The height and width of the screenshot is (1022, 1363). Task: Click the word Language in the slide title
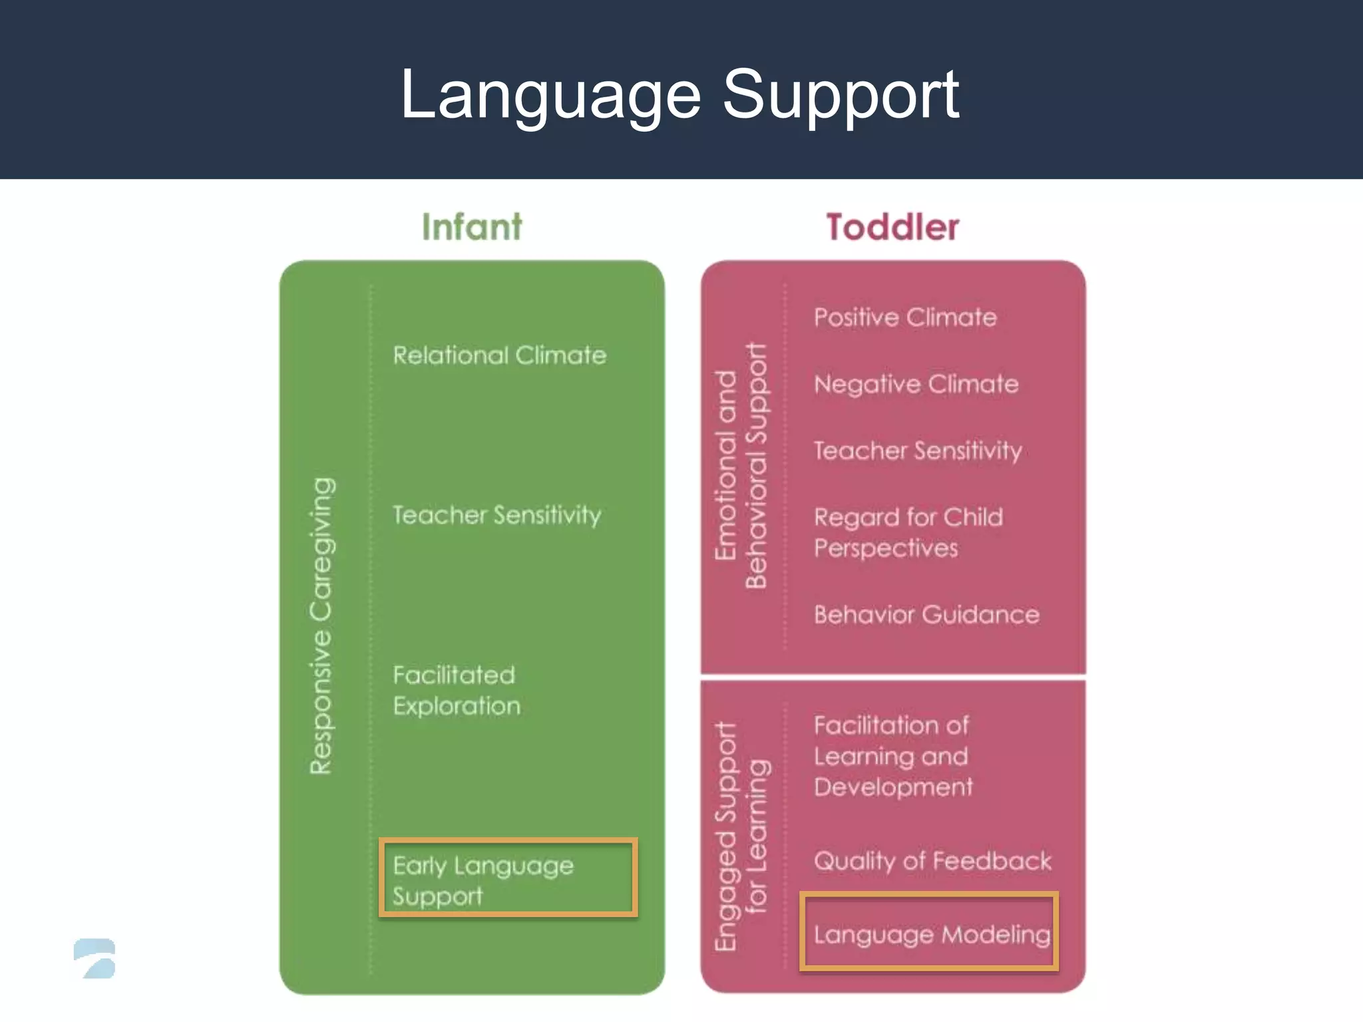coord(550,96)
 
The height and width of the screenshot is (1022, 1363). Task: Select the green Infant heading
coord(472,227)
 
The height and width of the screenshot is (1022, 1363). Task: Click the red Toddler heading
coord(892,227)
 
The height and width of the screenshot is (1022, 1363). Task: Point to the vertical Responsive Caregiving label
coord(323,625)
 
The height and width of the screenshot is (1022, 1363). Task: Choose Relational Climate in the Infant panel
coord(499,355)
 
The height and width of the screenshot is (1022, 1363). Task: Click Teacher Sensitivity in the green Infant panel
coord(496,515)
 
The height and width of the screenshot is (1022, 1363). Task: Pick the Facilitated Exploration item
coord(457,691)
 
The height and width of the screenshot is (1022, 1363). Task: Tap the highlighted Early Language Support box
coord(508,878)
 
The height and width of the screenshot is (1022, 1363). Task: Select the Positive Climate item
coord(905,317)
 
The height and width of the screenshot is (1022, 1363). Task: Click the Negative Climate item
coord(916,384)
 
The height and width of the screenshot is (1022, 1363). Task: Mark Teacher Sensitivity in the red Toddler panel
coord(917,451)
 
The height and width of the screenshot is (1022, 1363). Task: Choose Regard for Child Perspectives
coord(908,532)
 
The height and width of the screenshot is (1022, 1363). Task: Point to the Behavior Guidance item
coord(926,615)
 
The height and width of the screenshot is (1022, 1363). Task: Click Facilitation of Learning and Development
coord(892,756)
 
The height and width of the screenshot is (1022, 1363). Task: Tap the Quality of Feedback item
coord(932,861)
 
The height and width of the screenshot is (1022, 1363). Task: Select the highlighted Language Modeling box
coord(929,932)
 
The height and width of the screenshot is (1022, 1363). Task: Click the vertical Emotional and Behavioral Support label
coord(741,466)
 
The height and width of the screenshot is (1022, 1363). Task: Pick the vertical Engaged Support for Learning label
coord(741,836)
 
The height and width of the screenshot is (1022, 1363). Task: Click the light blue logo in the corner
coord(95,958)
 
